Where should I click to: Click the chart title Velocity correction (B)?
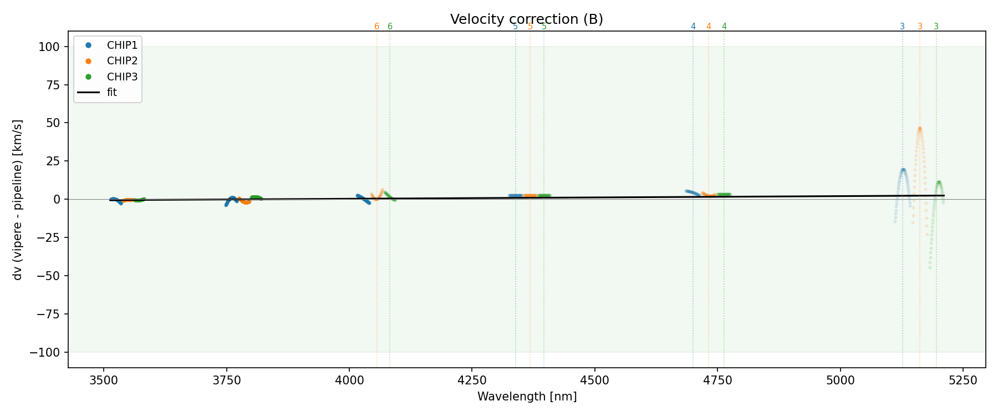pyautogui.click(x=526, y=19)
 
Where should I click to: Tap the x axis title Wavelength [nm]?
pyautogui.click(x=527, y=397)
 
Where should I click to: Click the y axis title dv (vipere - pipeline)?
pyautogui.click(x=18, y=200)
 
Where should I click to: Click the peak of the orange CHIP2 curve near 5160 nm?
pyautogui.click(x=919, y=129)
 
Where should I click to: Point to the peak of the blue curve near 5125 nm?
pyautogui.click(x=903, y=170)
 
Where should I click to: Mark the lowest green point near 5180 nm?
pyautogui.click(x=930, y=268)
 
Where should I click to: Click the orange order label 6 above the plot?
pyautogui.click(x=376, y=27)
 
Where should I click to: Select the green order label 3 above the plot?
pyautogui.click(x=936, y=27)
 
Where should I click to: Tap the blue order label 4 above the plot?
pyautogui.click(x=693, y=27)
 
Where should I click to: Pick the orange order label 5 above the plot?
pyautogui.click(x=530, y=27)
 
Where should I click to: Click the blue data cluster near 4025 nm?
pyautogui.click(x=363, y=199)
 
